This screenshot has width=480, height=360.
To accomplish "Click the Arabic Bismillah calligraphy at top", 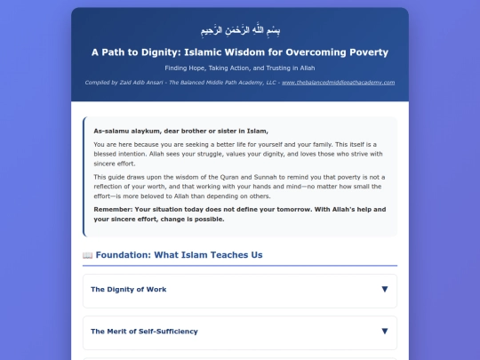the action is point(239,29).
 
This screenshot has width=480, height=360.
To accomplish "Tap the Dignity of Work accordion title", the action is point(128,289).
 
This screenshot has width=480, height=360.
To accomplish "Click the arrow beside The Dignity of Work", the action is point(384,289).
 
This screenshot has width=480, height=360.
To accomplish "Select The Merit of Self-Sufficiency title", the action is point(144,331).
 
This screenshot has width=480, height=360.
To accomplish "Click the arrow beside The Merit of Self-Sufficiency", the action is point(384,331).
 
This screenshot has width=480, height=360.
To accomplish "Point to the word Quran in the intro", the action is point(218,178).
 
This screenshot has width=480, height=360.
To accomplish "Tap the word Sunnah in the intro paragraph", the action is point(253,178).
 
